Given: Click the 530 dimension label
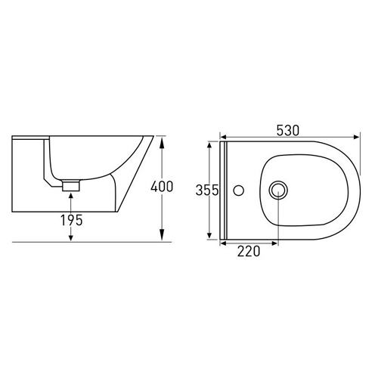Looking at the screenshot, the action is (x=288, y=131).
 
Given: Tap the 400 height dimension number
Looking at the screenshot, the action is (x=162, y=187).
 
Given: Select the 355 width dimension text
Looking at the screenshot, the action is (x=207, y=191).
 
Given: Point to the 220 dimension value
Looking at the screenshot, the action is (x=249, y=251).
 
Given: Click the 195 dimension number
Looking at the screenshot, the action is (x=71, y=220).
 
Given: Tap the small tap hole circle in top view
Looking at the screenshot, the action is (x=238, y=191).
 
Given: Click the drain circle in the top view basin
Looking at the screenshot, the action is (x=278, y=191).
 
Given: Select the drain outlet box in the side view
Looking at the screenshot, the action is (x=71, y=186).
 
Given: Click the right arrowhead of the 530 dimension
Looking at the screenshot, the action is (x=357, y=137).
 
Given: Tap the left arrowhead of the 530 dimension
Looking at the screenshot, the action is (x=223, y=137).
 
